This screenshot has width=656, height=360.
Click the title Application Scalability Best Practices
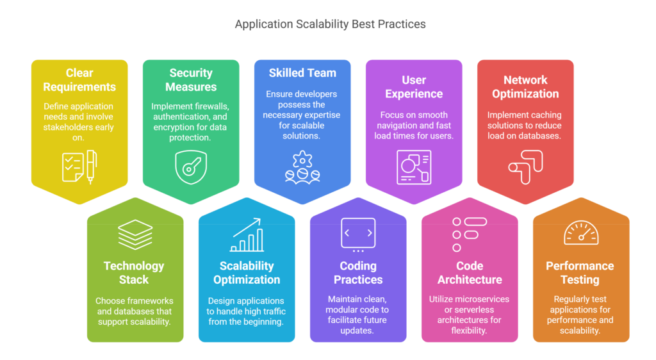(330, 24)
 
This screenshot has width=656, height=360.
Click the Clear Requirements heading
(79, 80)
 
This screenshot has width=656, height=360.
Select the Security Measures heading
(191, 80)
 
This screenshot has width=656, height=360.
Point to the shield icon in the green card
(191, 167)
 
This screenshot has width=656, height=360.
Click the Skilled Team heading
(302, 73)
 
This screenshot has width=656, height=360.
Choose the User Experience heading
(414, 87)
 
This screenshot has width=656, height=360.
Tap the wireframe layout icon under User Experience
(414, 167)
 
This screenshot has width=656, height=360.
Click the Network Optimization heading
(525, 87)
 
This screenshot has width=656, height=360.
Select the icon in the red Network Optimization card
(525, 165)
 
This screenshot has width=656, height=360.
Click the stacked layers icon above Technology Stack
(135, 235)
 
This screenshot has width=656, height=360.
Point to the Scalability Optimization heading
(247, 273)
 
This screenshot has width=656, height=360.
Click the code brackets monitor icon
(358, 235)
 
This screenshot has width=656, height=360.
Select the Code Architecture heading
(470, 273)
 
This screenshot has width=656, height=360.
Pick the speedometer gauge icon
(581, 234)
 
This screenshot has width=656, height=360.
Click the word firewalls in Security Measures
(213, 106)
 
